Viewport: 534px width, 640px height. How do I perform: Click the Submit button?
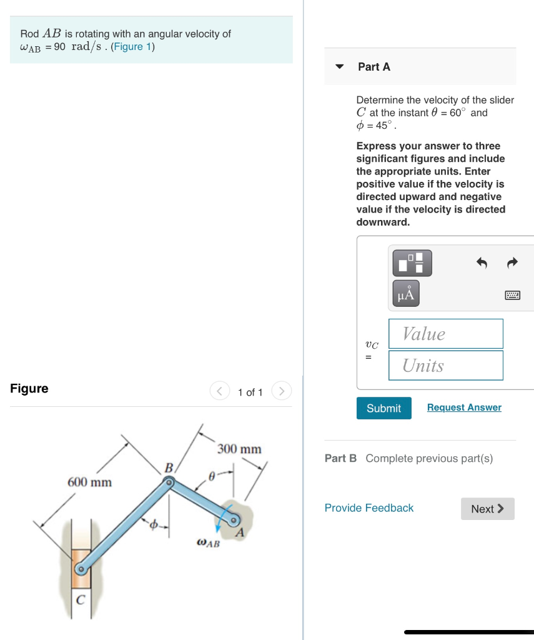pyautogui.click(x=383, y=408)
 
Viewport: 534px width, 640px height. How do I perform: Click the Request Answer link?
pyautogui.click(x=464, y=407)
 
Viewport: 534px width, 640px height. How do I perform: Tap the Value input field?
pyautogui.click(x=445, y=334)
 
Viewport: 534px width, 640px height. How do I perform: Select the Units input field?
pyautogui.click(x=445, y=366)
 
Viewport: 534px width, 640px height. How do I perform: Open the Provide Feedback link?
pyautogui.click(x=368, y=508)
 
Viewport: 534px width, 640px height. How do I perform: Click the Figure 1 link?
pyautogui.click(x=132, y=47)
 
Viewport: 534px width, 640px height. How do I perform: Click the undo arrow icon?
pyautogui.click(x=482, y=263)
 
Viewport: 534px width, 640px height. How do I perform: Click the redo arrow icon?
pyautogui.click(x=512, y=263)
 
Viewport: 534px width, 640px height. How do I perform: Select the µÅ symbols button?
pyautogui.click(x=406, y=294)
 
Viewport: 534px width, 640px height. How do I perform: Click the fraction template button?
pyautogui.click(x=412, y=263)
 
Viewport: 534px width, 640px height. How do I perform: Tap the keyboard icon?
pyautogui.click(x=512, y=295)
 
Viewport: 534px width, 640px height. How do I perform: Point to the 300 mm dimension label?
pyautogui.click(x=240, y=449)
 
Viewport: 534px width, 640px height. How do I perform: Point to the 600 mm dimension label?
pyautogui.click(x=89, y=482)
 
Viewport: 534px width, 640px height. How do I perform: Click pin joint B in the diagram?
pyautogui.click(x=168, y=482)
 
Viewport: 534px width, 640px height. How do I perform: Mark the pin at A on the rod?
pyautogui.click(x=234, y=519)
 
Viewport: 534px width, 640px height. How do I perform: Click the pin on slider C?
pyautogui.click(x=80, y=569)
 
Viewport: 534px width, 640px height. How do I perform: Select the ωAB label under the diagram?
pyautogui.click(x=208, y=543)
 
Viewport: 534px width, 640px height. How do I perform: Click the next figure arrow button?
pyautogui.click(x=282, y=392)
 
